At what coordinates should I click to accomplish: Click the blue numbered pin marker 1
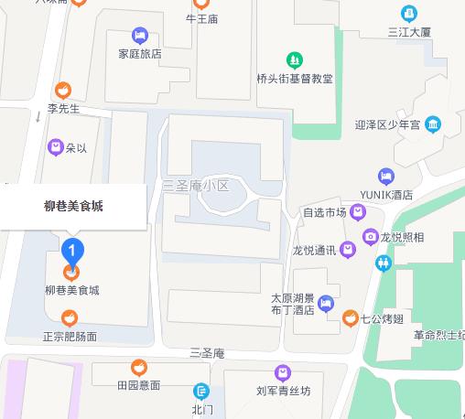click(x=72, y=249)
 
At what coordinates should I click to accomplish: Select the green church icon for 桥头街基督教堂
click(x=294, y=60)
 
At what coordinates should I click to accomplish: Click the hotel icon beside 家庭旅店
click(x=140, y=36)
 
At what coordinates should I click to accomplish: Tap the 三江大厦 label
click(x=408, y=32)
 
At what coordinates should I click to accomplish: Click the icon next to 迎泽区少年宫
click(x=433, y=124)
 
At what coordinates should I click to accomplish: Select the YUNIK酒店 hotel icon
click(x=385, y=177)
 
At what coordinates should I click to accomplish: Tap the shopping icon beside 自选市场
click(x=359, y=212)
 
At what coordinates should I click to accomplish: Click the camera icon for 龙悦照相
click(x=370, y=237)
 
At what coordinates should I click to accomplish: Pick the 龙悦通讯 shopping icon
click(x=347, y=249)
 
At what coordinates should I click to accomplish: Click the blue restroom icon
click(x=383, y=263)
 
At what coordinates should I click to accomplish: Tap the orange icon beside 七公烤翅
click(x=349, y=317)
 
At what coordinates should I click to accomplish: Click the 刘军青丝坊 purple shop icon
click(x=283, y=372)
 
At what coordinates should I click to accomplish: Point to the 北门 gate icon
click(x=201, y=391)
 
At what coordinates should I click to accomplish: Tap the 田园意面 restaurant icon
click(x=137, y=368)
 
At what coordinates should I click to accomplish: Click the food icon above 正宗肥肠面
click(x=70, y=318)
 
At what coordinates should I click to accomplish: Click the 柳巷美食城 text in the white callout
click(x=73, y=206)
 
